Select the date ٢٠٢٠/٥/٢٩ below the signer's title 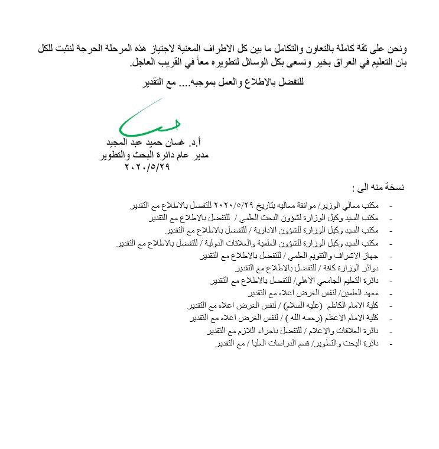[147, 167]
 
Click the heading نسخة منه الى [378, 189]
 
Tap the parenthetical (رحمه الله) [294, 318]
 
